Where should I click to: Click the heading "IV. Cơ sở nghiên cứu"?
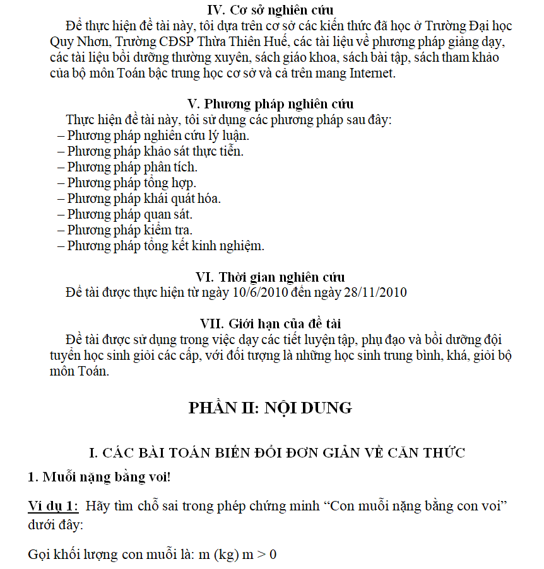271,10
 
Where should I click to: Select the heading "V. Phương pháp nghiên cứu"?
271,104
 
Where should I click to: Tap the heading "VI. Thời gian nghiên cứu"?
271,277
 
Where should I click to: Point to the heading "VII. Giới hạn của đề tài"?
271,324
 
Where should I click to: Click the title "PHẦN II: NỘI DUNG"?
270,408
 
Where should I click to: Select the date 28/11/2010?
375,292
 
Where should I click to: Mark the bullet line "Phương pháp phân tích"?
127,167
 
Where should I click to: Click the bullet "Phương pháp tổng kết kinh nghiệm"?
161,246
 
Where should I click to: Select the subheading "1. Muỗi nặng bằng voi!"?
99,477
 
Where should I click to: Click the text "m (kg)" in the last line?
215,555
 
